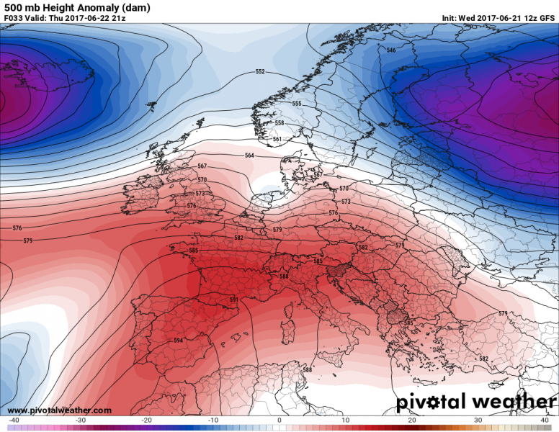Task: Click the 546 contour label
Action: (391, 50)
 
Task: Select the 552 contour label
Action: (260, 72)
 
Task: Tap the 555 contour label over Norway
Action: (296, 104)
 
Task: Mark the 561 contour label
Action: (277, 139)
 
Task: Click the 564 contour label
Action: (249, 156)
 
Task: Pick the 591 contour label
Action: (233, 300)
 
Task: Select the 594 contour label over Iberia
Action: (178, 340)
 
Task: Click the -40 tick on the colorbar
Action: (14, 420)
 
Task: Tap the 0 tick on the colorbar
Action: (279, 420)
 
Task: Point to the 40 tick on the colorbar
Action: (545, 420)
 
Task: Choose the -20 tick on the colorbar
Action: (146, 420)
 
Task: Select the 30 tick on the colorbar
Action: (478, 420)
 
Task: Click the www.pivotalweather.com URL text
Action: (59, 410)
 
